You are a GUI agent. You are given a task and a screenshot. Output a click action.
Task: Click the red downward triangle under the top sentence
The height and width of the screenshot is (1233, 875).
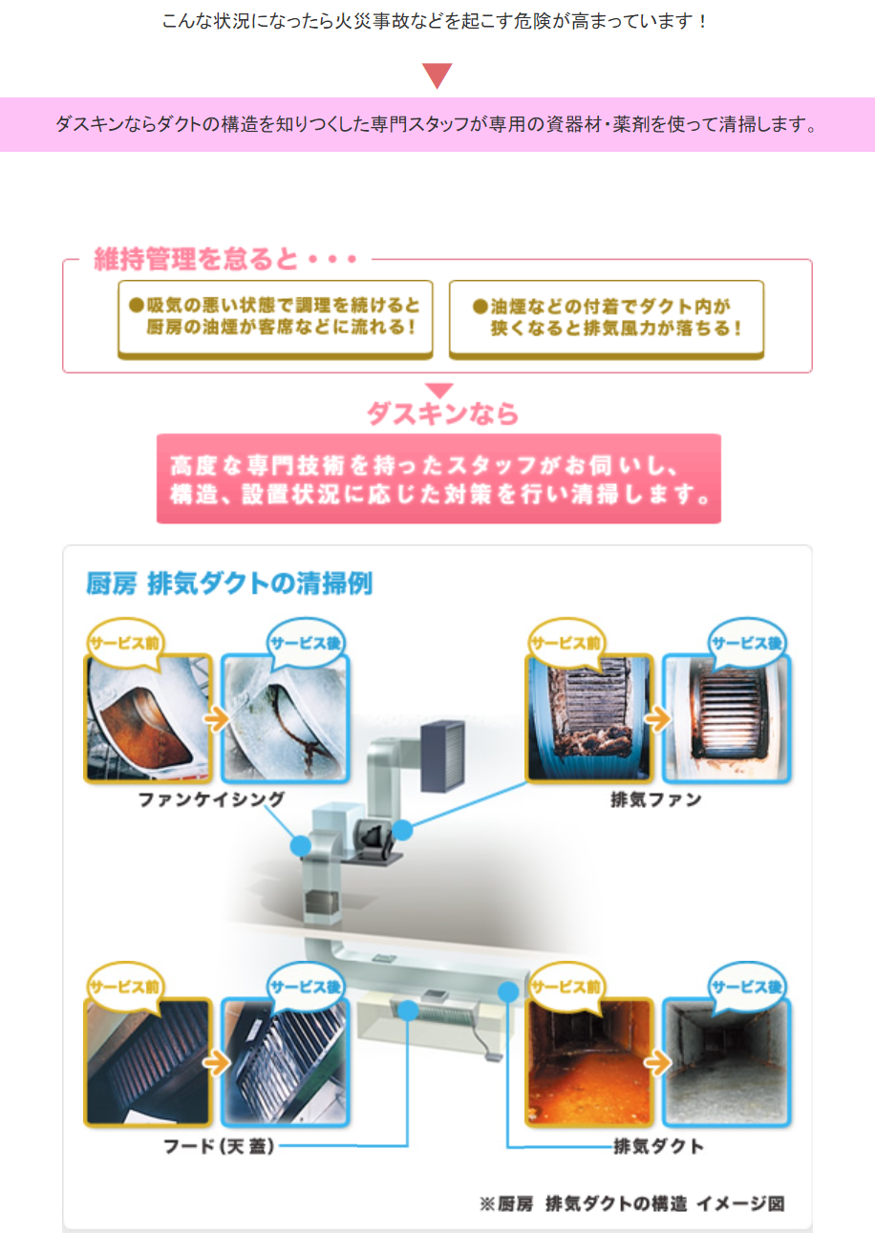(437, 75)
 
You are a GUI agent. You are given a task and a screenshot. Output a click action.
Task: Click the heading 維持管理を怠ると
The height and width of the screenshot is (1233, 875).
(196, 259)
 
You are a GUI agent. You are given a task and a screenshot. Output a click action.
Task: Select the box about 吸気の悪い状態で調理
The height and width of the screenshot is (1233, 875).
(275, 319)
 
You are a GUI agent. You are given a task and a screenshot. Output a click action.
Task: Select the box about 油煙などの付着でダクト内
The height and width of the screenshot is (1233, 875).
(607, 319)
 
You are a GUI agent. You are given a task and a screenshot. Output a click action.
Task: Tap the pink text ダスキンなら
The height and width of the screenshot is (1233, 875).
(442, 414)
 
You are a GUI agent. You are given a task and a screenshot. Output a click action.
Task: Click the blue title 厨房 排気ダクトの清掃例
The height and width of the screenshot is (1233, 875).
(229, 584)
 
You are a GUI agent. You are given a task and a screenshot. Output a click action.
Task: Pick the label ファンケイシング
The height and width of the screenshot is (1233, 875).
(211, 799)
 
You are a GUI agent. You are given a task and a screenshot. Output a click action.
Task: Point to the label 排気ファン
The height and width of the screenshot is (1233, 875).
(656, 799)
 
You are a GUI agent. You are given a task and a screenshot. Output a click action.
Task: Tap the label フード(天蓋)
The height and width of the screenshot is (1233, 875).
(219, 1146)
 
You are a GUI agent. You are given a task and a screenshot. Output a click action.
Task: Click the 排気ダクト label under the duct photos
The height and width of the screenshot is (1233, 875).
(658, 1146)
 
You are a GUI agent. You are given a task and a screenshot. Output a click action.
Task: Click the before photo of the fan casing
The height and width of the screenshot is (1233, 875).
(148, 718)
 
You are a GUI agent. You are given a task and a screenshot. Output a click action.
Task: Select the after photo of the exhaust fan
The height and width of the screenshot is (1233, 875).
(726, 718)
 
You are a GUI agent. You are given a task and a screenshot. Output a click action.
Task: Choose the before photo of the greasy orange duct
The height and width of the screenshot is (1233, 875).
(589, 1062)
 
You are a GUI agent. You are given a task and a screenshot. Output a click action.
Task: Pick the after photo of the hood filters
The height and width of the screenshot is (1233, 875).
(286, 1062)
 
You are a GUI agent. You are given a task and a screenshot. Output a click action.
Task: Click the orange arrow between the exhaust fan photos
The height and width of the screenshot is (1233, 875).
(657, 718)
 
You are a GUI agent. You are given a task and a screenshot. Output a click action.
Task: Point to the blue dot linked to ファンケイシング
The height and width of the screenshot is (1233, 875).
(301, 845)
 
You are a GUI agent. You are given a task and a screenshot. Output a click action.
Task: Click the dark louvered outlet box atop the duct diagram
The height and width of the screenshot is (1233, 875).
(442, 755)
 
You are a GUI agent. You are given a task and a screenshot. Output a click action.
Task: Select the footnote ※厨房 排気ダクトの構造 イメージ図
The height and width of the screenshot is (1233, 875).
(631, 1203)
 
